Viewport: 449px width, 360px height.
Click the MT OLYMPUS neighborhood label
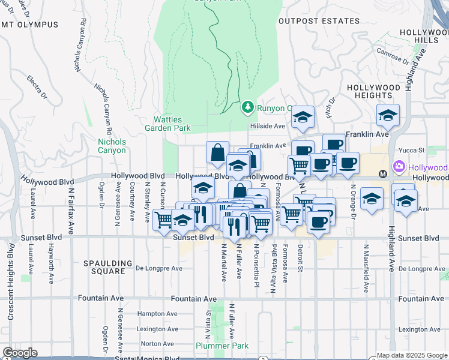(x=30, y=25)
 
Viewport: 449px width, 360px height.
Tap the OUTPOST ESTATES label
(x=319, y=21)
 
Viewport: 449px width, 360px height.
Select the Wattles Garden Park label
(x=167, y=124)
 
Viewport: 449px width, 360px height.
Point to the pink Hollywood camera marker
(x=399, y=167)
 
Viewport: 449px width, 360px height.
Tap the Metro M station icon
(x=383, y=174)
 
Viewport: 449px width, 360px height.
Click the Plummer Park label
(x=214, y=346)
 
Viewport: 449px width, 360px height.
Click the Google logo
(x=20, y=353)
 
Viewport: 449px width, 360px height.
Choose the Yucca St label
(x=413, y=150)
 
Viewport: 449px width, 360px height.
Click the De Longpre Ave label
(x=159, y=268)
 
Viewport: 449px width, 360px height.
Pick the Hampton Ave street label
(x=157, y=314)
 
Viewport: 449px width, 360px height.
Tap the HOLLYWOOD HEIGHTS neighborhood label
(x=373, y=91)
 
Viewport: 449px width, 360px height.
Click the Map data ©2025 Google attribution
(x=411, y=355)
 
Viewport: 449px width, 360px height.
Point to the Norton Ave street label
(x=157, y=344)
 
